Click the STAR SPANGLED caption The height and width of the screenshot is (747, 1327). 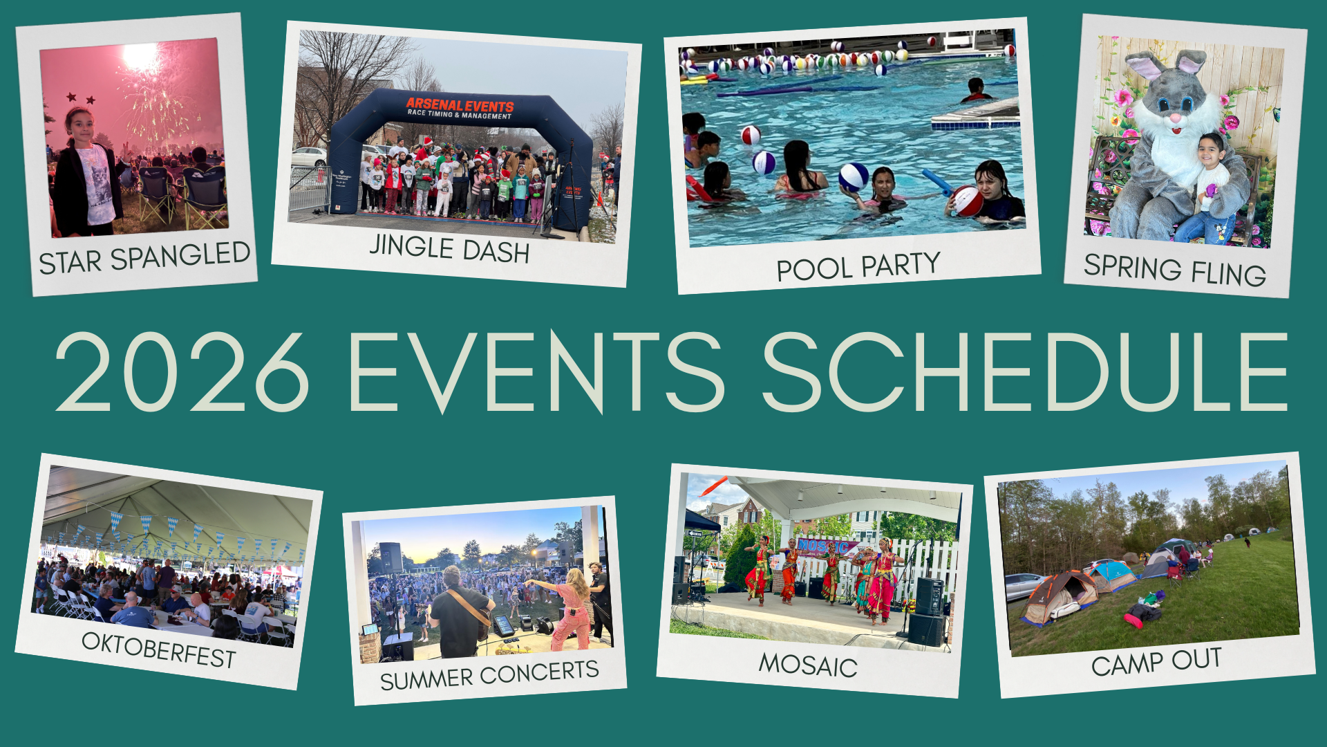144,258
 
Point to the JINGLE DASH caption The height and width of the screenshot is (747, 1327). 449,249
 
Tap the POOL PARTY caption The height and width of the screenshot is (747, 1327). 858,266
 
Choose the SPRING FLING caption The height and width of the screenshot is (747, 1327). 1174,270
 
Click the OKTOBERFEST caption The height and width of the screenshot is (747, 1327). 159,650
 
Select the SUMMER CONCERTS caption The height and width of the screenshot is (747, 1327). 489,674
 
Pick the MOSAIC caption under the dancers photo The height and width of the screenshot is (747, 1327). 808,665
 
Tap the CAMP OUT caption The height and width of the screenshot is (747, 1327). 1156,661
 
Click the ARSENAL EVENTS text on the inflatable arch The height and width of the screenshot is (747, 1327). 460,106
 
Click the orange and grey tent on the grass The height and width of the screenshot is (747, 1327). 1060,597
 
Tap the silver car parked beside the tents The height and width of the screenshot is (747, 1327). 1023,586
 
